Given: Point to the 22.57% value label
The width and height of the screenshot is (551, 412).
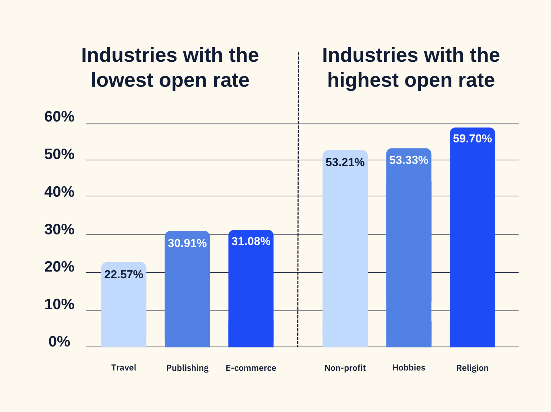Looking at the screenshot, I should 124,275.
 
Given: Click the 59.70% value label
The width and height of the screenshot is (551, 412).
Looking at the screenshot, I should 472,139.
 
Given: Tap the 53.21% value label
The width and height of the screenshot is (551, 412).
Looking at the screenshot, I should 345,163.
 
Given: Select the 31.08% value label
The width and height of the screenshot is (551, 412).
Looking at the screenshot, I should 251,241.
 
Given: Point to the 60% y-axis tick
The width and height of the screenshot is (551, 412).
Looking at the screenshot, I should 59,117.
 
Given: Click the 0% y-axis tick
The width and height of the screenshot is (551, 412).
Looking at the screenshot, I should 59,342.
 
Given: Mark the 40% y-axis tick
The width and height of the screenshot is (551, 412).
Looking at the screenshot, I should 59,192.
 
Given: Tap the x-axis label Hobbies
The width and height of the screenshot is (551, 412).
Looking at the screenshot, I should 409,368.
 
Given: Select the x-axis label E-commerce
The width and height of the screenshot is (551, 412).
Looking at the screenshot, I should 251,368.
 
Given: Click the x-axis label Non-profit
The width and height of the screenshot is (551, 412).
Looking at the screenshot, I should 345,368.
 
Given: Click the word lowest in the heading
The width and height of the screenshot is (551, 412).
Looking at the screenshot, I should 122,80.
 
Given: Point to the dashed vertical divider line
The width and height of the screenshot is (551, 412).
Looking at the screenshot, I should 298,201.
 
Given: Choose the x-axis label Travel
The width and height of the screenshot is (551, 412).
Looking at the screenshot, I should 124,368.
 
